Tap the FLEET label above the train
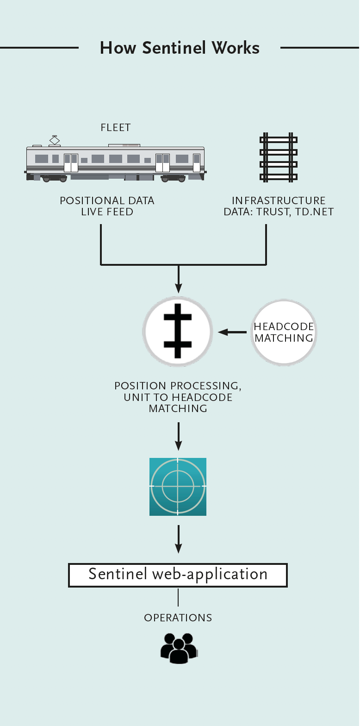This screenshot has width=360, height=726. tap(116, 128)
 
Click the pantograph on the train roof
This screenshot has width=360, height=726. tap(55, 140)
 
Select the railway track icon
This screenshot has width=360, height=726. tap(278, 158)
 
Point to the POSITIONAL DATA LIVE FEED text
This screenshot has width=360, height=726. tap(107, 206)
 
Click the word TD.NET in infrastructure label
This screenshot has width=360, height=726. tap(315, 212)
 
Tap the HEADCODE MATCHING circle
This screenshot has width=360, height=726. tap(284, 332)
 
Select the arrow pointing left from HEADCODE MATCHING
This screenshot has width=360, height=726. tap(232, 332)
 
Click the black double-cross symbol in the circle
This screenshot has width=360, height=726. tap(177, 331)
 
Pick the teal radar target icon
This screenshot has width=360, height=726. tap(178, 487)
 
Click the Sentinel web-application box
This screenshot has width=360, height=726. tap(178, 575)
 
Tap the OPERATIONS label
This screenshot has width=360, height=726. tap(178, 618)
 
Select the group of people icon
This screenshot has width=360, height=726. tap(179, 647)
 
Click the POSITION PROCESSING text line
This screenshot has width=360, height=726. tap(178, 386)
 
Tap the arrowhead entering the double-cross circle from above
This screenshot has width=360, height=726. tap(178, 288)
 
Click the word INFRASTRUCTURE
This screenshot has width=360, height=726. tap(279, 201)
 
